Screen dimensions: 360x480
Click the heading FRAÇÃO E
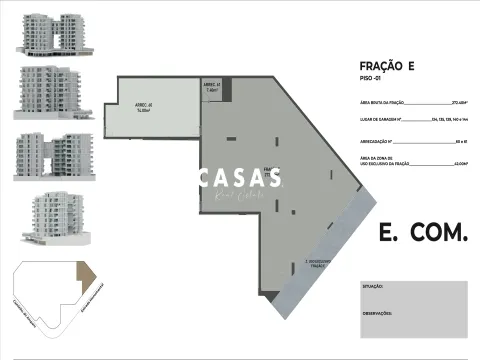[x=385, y=65]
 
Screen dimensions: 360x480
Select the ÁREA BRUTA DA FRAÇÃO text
[x=380, y=102]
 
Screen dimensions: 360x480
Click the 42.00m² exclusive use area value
[x=461, y=163]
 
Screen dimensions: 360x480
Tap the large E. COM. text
[x=422, y=233]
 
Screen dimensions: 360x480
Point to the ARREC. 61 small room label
[x=211, y=86]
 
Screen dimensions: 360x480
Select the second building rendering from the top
[x=46, y=92]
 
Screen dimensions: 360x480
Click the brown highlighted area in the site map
[x=86, y=275]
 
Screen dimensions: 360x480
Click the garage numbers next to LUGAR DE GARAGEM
[x=450, y=120]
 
